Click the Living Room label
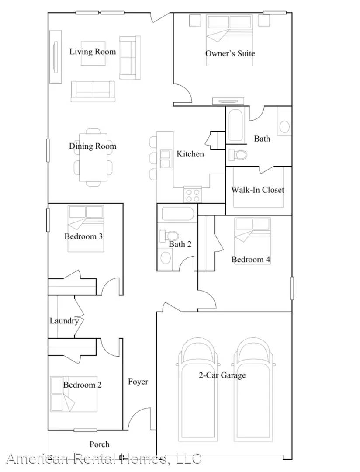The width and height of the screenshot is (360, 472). (93, 52)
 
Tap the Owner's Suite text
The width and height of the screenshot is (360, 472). (230, 53)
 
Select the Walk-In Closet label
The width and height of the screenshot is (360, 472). (257, 190)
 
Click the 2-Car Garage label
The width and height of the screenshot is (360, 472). (222, 375)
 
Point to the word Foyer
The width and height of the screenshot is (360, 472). (138, 382)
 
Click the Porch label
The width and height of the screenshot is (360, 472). (99, 444)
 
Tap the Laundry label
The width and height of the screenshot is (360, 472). (64, 321)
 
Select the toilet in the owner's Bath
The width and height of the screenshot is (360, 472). (238, 154)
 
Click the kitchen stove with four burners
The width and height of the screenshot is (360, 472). (192, 194)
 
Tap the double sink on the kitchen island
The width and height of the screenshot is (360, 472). (166, 159)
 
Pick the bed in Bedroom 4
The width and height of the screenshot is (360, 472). (253, 236)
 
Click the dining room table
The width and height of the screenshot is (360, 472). (93, 157)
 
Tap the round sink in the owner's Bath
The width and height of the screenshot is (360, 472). (284, 127)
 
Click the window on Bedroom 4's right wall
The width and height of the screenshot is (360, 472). (292, 288)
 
